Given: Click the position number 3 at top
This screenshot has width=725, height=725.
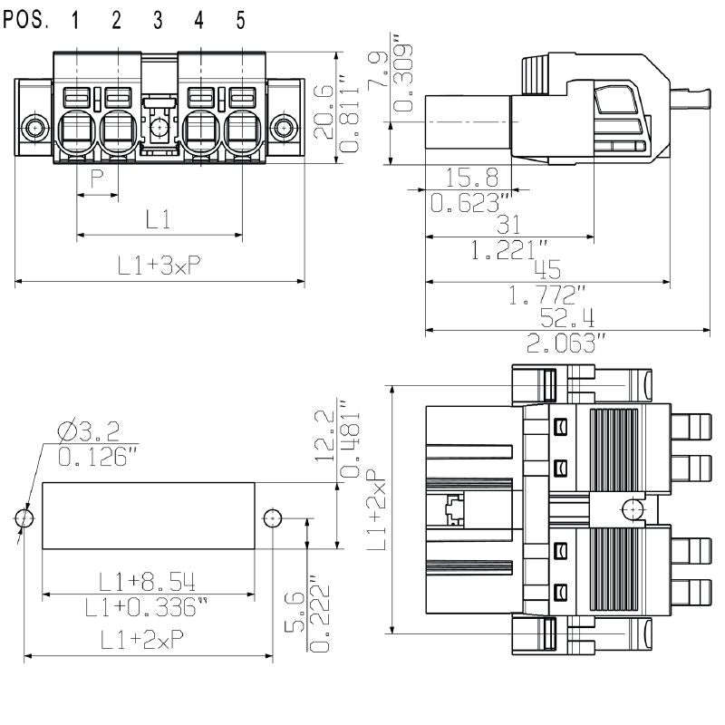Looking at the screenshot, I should click(x=158, y=21).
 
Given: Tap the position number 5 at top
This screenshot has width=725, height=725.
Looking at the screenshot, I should click(x=241, y=21).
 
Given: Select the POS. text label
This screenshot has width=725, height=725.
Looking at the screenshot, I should click(x=26, y=20).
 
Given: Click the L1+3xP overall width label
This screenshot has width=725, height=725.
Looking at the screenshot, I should click(x=159, y=266).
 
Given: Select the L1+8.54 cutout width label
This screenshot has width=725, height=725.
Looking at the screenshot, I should click(x=148, y=581).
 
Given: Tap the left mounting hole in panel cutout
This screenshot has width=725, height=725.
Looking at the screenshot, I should click(x=24, y=517).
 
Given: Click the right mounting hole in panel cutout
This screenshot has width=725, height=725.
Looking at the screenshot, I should click(x=272, y=517).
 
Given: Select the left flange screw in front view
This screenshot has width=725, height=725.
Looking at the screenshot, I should click(x=34, y=127).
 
